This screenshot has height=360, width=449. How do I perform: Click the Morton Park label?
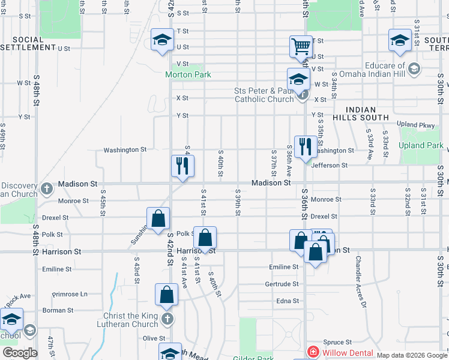click(x=188, y=74)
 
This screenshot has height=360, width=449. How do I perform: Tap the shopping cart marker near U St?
click(x=300, y=46)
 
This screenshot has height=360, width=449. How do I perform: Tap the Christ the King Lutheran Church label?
click(x=128, y=320)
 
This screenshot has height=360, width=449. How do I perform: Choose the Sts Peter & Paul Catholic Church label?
click(x=264, y=95)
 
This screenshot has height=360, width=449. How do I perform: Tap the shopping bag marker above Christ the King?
click(x=167, y=294)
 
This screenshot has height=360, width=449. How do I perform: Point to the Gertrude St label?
click(x=282, y=284)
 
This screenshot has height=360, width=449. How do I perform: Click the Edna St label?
click(x=288, y=301)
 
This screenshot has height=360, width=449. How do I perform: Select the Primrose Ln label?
click(x=70, y=294)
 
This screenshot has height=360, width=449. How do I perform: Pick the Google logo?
click(x=20, y=353)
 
